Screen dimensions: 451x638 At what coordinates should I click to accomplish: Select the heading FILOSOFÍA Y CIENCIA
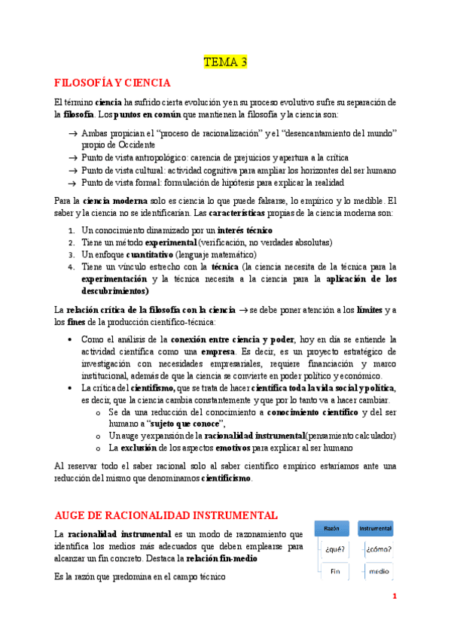click(113, 83)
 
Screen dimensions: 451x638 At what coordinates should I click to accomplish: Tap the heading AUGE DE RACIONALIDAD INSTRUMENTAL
click(166, 515)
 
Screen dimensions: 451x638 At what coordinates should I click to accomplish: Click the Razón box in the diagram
click(331, 529)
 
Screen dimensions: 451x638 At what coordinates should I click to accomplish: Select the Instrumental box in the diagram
click(375, 529)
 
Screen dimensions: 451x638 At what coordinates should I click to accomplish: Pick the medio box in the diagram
click(379, 571)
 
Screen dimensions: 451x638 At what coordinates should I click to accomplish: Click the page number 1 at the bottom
click(394, 597)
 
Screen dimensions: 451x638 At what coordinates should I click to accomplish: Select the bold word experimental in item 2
click(171, 242)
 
